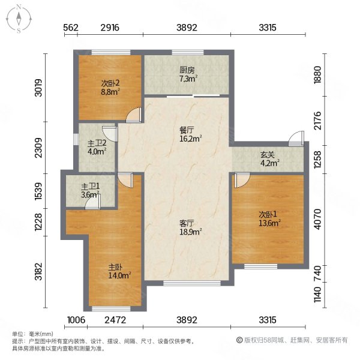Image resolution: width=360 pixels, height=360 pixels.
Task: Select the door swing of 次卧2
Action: (135, 115)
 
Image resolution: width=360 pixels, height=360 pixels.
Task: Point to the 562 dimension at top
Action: (71, 28)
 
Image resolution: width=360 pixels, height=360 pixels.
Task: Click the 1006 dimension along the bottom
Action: (76, 320)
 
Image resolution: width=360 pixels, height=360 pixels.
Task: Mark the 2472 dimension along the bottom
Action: (115, 320)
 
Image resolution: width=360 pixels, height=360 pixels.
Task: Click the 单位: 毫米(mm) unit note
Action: (32, 334)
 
